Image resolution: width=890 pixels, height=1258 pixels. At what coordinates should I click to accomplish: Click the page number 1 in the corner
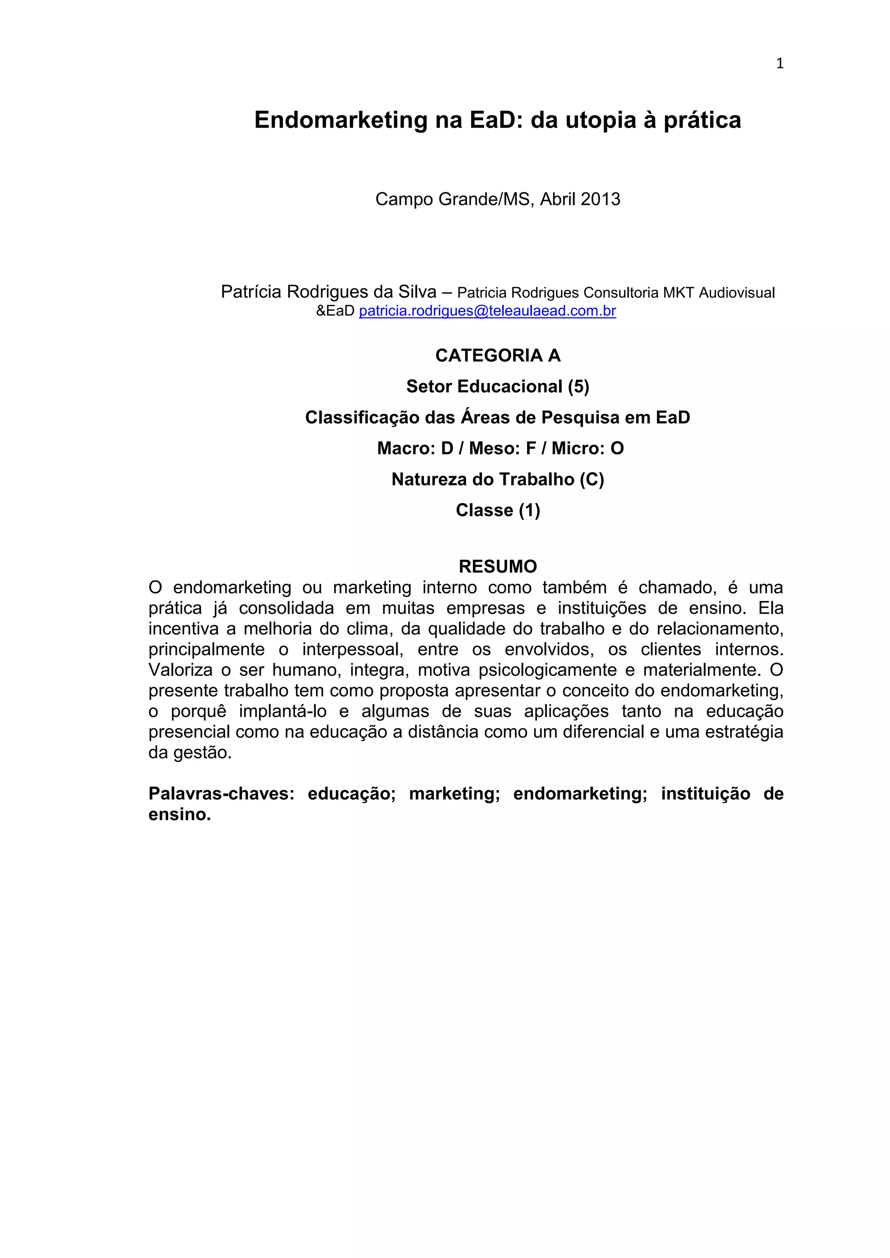click(x=779, y=63)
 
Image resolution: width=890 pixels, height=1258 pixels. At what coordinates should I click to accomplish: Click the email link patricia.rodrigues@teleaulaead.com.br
click(x=487, y=311)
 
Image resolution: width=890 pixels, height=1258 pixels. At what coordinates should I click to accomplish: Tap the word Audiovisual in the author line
click(x=737, y=293)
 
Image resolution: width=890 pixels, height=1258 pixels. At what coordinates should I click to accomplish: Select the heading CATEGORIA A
click(x=498, y=356)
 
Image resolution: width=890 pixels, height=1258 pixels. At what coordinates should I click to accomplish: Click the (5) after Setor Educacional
click(x=578, y=387)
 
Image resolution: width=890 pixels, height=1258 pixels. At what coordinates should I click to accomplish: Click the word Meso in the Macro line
click(x=491, y=449)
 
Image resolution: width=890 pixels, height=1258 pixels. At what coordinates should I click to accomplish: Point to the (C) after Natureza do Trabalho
click(x=591, y=480)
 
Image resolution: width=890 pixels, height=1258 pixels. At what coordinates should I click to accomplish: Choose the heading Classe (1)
click(x=498, y=511)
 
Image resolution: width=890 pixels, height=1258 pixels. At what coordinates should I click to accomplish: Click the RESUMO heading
click(x=498, y=566)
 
